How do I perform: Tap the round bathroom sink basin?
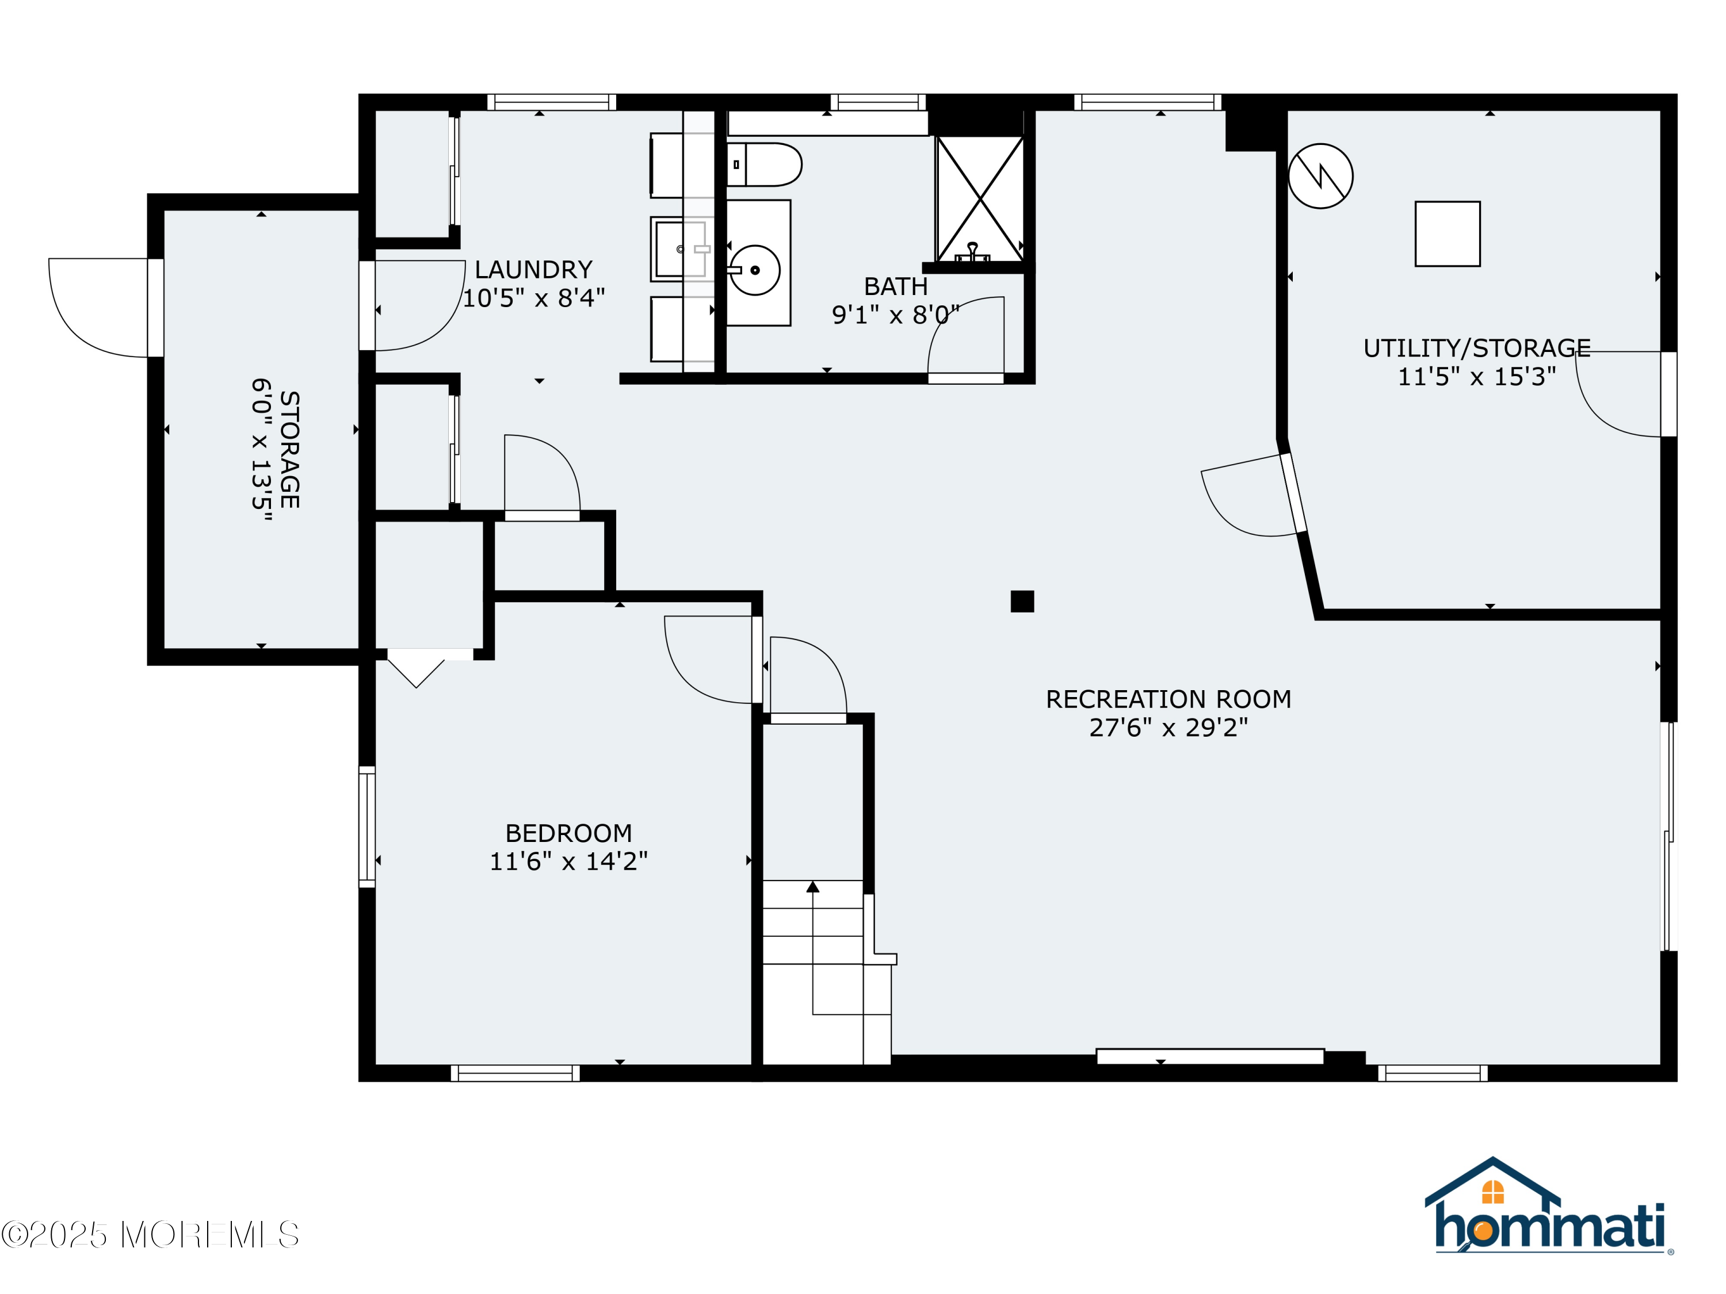click(754, 270)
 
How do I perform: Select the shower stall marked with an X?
click(979, 199)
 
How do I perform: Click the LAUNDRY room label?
click(534, 270)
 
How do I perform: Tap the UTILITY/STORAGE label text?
click(1476, 348)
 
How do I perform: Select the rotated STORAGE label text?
click(289, 450)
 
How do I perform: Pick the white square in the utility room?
click(1448, 234)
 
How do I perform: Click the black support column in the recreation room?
click(1022, 602)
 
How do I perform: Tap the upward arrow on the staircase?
click(812, 887)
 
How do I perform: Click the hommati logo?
click(1549, 1208)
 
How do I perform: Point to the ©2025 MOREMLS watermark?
click(150, 1235)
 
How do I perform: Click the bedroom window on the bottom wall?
click(515, 1073)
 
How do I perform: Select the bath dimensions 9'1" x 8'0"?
click(895, 315)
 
